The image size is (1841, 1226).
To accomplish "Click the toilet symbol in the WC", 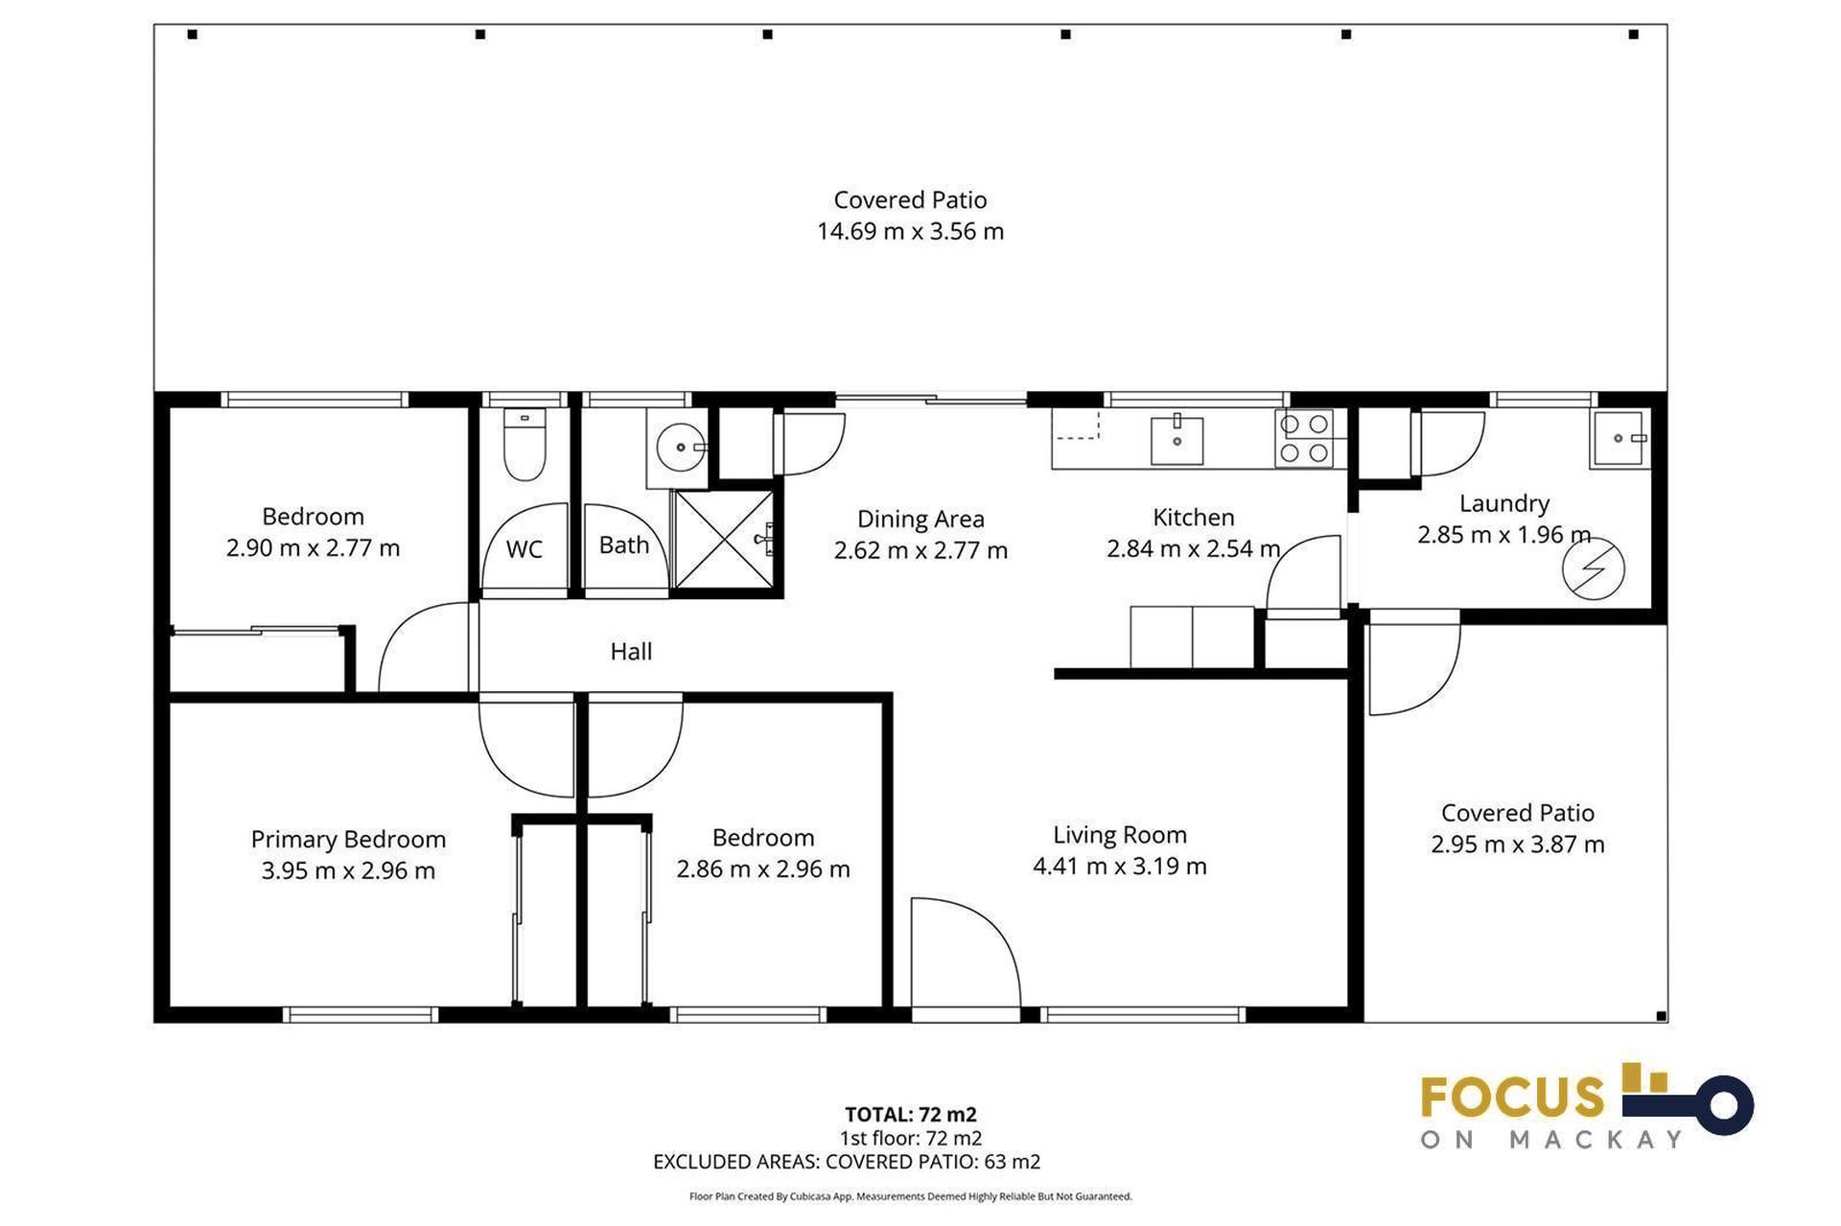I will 524,447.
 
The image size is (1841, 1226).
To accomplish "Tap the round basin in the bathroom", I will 680,448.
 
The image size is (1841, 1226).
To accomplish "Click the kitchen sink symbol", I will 1177,441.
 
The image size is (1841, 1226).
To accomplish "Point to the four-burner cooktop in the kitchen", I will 1304,438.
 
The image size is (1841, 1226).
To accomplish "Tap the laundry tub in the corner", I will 1620,439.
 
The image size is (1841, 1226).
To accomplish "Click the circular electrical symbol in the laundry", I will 1593,569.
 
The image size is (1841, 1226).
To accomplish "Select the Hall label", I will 631,652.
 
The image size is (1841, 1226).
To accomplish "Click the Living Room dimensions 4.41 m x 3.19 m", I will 1119,867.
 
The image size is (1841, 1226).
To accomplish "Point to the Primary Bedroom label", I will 348,839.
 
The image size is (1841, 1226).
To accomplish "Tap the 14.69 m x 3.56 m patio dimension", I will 910,231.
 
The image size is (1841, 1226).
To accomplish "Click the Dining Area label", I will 920,519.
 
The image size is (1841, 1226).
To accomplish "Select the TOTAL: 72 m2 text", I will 910,1114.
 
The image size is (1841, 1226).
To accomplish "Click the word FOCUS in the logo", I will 1512,1098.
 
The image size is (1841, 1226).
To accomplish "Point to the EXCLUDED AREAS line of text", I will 846,1162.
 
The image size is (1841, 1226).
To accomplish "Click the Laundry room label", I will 1503,503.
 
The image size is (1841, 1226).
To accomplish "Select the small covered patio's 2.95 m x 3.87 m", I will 1517,844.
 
